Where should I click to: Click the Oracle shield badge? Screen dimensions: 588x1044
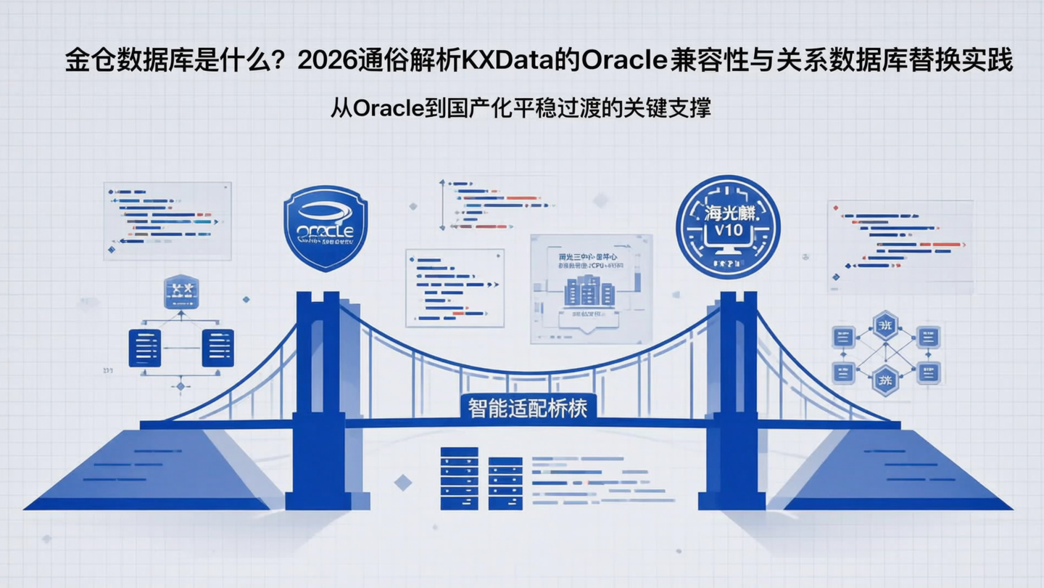click(x=326, y=228)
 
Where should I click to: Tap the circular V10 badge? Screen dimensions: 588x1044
click(x=727, y=226)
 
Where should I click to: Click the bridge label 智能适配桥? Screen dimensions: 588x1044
click(x=528, y=407)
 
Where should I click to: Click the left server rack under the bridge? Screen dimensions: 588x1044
click(x=460, y=478)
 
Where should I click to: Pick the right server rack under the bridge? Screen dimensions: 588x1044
click(x=505, y=483)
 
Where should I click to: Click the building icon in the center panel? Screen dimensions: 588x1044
click(x=589, y=290)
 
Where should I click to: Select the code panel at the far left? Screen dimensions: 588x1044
click(x=167, y=221)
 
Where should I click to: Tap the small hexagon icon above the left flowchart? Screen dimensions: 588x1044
click(x=181, y=291)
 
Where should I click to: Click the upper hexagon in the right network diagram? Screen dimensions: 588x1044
click(x=885, y=326)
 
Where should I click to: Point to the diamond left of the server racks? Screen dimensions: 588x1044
click(x=402, y=482)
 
